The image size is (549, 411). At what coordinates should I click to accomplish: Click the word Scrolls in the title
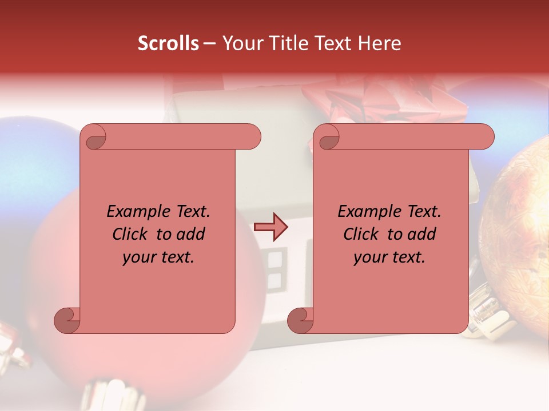[168, 43]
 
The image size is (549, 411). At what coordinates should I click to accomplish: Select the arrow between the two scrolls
[270, 227]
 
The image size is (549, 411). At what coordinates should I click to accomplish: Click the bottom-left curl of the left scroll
[67, 320]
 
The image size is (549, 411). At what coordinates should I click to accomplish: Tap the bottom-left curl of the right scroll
[300, 320]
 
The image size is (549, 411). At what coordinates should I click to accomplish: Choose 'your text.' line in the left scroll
[158, 257]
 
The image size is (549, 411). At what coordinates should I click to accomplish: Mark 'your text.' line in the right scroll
[389, 257]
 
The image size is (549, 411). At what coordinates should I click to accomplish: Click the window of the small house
[275, 268]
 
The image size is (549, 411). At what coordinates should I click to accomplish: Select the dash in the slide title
[209, 43]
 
